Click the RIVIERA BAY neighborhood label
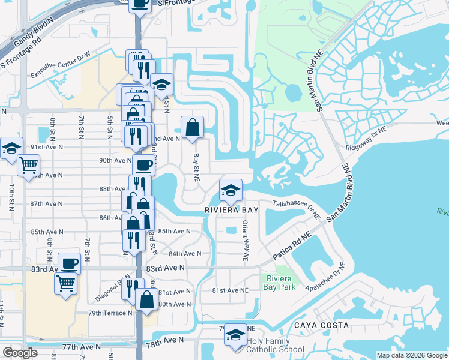[x=231, y=211]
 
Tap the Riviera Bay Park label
[x=277, y=283]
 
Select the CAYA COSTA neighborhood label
[x=321, y=325]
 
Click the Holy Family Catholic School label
[x=276, y=345]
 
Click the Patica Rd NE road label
[x=291, y=244]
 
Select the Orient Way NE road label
[x=246, y=240]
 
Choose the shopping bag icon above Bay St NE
[x=192, y=127]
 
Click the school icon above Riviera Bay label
[x=231, y=190]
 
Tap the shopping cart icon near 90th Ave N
[x=28, y=165]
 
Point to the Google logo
[x=20, y=353]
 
